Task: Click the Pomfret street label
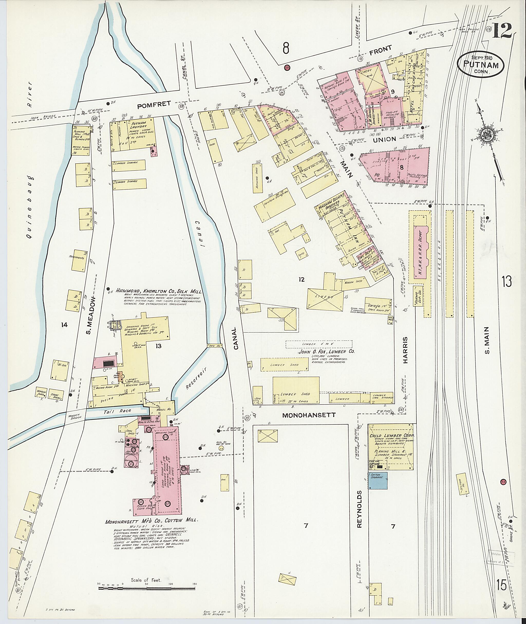click(x=154, y=104)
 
